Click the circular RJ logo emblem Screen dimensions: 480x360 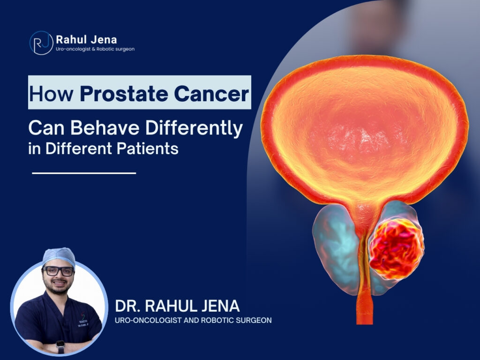pyautogui.click(x=41, y=43)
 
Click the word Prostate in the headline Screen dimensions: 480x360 pyautogui.click(x=124, y=94)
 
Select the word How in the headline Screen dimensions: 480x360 pyautogui.click(x=51, y=94)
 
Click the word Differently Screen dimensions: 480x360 pyautogui.click(x=194, y=128)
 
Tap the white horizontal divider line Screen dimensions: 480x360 pyautogui.click(x=84, y=173)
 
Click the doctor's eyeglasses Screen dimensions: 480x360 pyautogui.click(x=58, y=271)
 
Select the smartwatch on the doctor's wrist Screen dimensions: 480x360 pyautogui.click(x=60, y=346)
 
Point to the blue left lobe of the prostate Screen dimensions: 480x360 pyautogui.click(x=335, y=248)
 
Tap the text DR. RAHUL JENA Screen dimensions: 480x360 pyautogui.click(x=177, y=306)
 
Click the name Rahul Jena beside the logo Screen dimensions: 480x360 pyautogui.click(x=86, y=40)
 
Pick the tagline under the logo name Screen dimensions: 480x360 pyautogui.click(x=95, y=49)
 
